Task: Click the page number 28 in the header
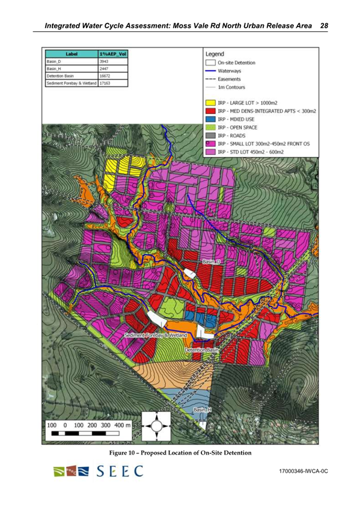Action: pyautogui.click(x=324, y=26)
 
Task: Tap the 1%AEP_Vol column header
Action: pyautogui.click(x=112, y=54)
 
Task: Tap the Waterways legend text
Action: pyautogui.click(x=231, y=71)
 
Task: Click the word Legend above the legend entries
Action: pyautogui.click(x=215, y=54)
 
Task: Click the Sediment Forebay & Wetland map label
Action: pyautogui.click(x=156, y=334)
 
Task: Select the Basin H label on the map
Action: pyautogui.click(x=202, y=410)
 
